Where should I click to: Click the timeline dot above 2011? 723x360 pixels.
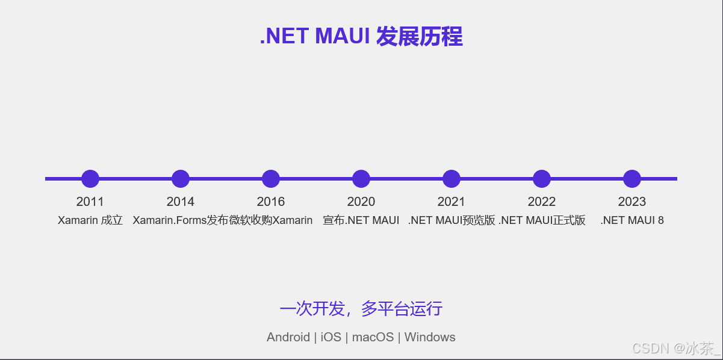pos(90,179)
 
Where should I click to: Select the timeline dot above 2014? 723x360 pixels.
pos(181,179)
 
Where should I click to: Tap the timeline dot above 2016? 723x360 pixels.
pos(271,179)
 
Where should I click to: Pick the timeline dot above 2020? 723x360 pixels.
pos(361,179)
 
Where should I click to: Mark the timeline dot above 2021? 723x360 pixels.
pos(451,179)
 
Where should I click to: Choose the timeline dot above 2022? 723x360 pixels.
pos(542,179)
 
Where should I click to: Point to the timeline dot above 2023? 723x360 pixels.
pos(631,179)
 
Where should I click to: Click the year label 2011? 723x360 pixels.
pos(90,202)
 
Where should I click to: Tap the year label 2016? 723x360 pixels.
pos(271,202)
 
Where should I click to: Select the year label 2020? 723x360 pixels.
pos(361,202)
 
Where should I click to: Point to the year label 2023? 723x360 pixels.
pos(631,202)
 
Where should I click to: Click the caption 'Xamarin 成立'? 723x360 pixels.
pos(90,220)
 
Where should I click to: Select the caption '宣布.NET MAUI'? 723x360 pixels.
pos(361,220)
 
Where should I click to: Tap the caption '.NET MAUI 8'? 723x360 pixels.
pos(631,220)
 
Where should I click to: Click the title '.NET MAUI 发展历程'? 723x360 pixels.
pos(361,37)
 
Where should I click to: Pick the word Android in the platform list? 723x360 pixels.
pos(288,337)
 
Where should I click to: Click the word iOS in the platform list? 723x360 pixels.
pos(330,337)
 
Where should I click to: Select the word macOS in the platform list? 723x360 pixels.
pos(373,337)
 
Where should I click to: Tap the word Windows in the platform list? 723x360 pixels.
pos(430,337)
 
